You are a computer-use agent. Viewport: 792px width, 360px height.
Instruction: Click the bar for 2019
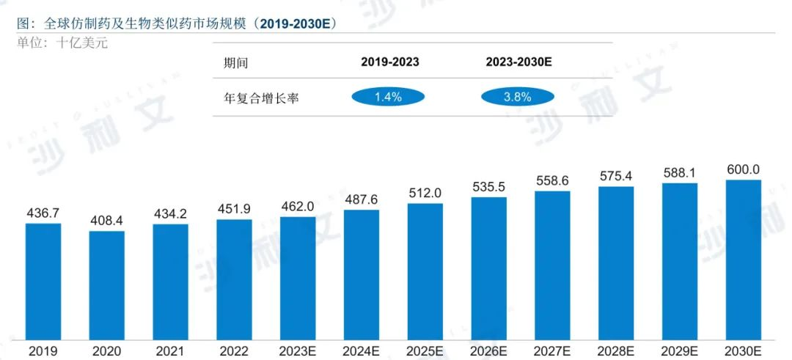pos(43,281)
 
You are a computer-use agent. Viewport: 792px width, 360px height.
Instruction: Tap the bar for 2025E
pos(425,271)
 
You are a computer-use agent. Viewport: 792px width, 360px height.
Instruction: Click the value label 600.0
pos(743,169)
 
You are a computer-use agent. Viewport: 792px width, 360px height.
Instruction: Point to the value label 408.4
pos(107,220)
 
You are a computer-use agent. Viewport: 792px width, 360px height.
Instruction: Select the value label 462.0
pos(298,206)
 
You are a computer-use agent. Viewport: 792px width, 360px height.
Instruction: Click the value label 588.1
pos(680,172)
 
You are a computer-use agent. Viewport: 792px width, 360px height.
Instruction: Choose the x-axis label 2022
pos(234,351)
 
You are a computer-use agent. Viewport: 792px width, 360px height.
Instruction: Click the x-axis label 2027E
pos(552,351)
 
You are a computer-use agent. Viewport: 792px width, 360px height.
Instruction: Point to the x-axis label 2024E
pos(362,351)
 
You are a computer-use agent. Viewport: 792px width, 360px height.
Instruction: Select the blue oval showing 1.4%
pos(388,97)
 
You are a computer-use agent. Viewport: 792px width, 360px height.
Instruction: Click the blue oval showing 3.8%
pos(518,97)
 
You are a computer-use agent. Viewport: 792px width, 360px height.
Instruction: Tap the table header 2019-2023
pos(389,62)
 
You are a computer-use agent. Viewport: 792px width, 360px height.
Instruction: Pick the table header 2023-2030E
pos(518,62)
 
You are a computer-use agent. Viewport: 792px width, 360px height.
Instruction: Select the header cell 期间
pos(235,63)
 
